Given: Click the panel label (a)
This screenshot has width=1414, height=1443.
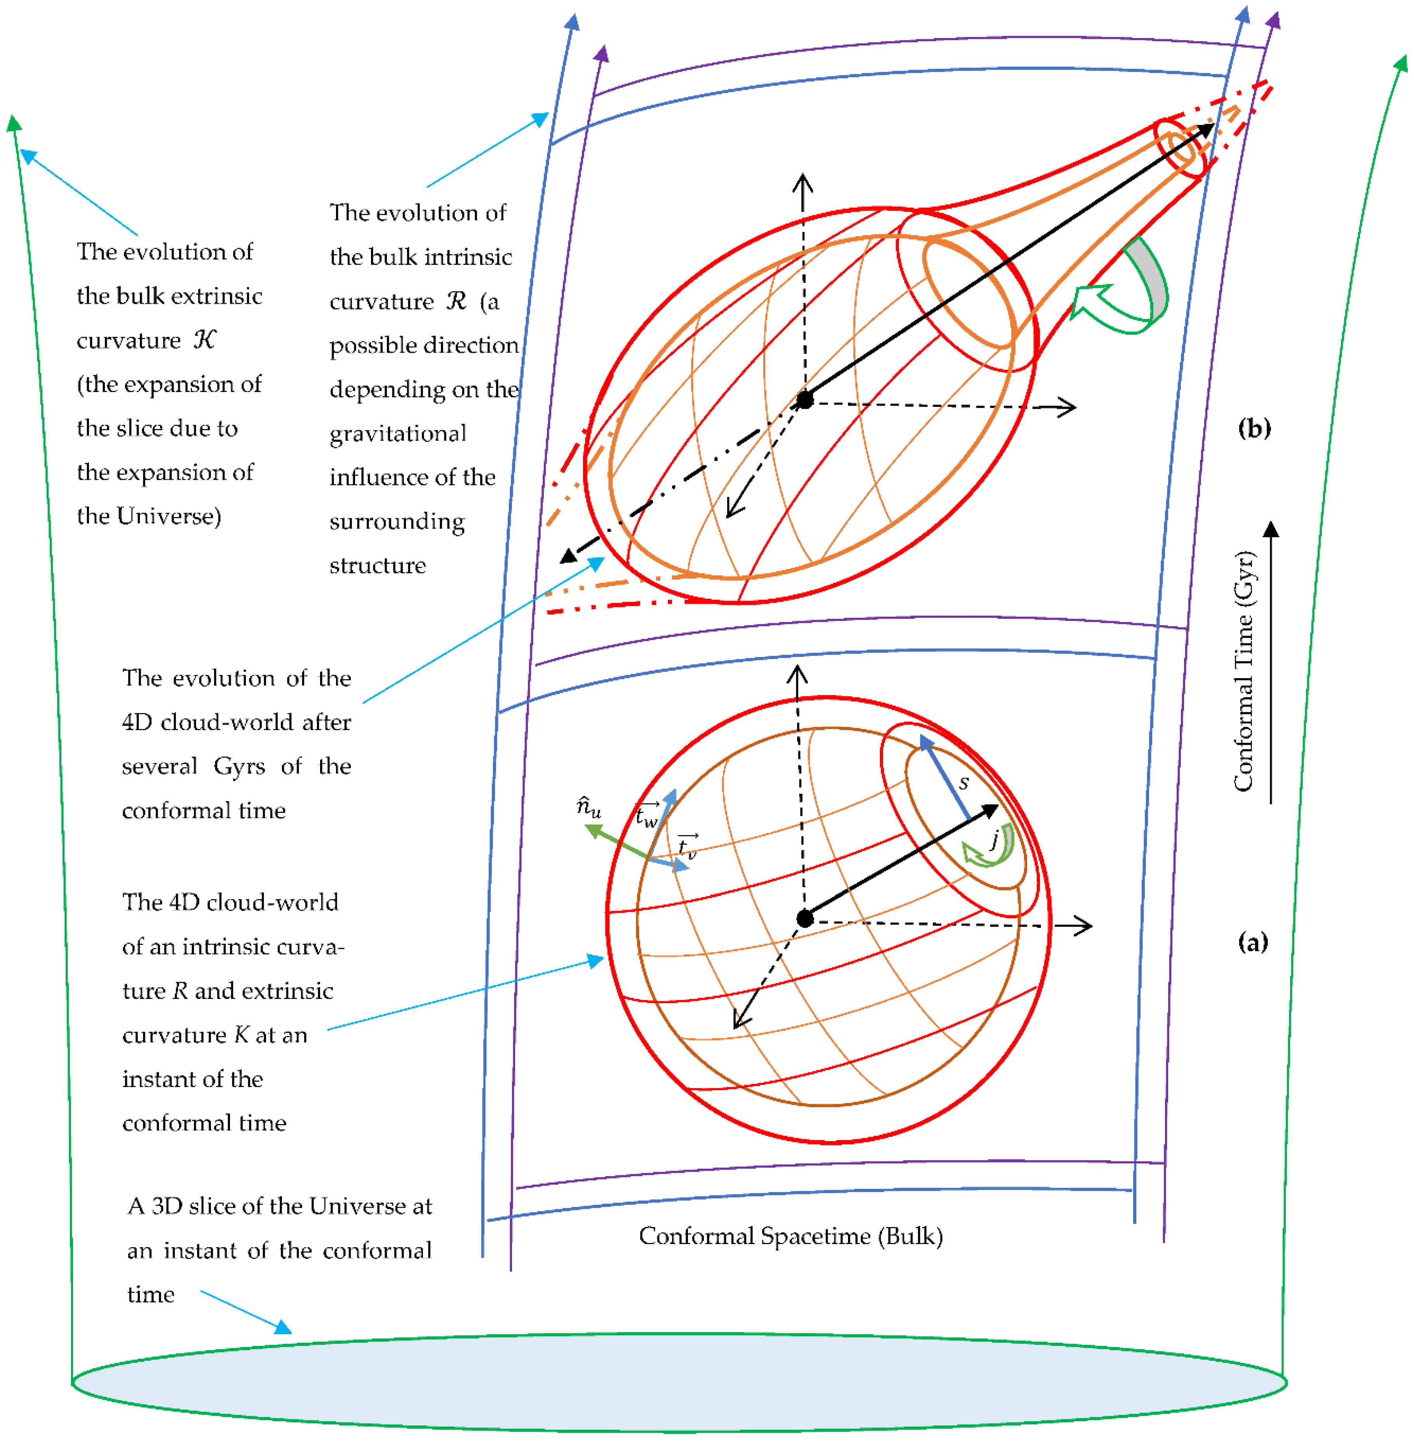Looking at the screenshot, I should [1253, 943].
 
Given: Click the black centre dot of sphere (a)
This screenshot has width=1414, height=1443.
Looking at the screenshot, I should [805, 918].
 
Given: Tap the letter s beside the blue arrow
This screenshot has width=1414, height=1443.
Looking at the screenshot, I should [964, 782].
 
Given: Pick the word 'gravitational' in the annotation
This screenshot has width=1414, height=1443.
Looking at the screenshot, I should [398, 433].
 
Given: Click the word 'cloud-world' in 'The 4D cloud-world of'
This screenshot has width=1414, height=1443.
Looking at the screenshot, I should [271, 902].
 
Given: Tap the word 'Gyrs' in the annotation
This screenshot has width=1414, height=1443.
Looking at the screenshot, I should [239, 766].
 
